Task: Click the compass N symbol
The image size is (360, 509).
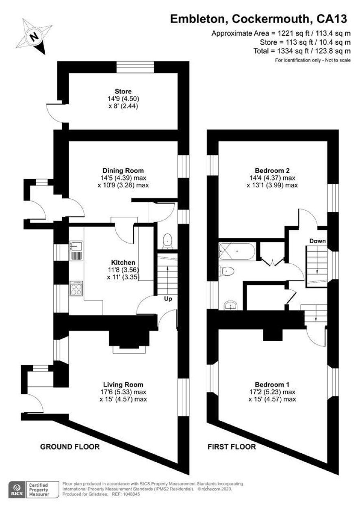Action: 34,37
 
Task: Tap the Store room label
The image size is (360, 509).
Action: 123,91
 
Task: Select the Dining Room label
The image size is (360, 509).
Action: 123,170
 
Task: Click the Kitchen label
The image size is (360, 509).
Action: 123,263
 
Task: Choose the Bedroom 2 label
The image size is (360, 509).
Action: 272,170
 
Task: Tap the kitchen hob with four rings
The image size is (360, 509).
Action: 76,288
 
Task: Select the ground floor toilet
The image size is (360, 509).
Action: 168,241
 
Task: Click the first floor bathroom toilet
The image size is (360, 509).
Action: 226,271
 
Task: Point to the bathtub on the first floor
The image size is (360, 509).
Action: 236,252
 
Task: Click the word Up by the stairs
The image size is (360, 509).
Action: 168,299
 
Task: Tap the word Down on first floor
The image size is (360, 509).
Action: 317,241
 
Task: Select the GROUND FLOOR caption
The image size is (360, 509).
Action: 70,447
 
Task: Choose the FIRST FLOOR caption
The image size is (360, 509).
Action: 232,447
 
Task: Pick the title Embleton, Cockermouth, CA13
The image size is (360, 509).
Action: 258,19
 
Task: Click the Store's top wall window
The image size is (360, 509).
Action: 135,67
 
